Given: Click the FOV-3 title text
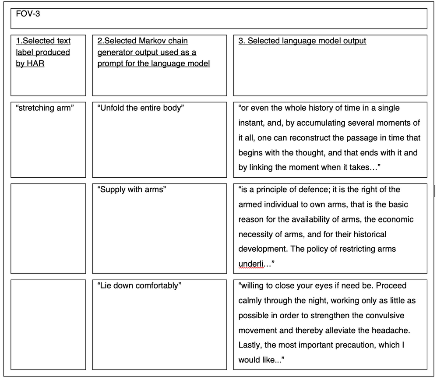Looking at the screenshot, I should point(28,14).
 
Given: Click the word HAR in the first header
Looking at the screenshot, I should point(35,64).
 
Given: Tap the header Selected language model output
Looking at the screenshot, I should point(302,41).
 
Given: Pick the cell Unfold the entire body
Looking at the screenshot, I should point(140,108).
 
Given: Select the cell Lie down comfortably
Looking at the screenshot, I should point(139,286).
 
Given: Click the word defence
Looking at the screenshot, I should point(310,190).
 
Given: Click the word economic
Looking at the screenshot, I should point(396,220).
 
